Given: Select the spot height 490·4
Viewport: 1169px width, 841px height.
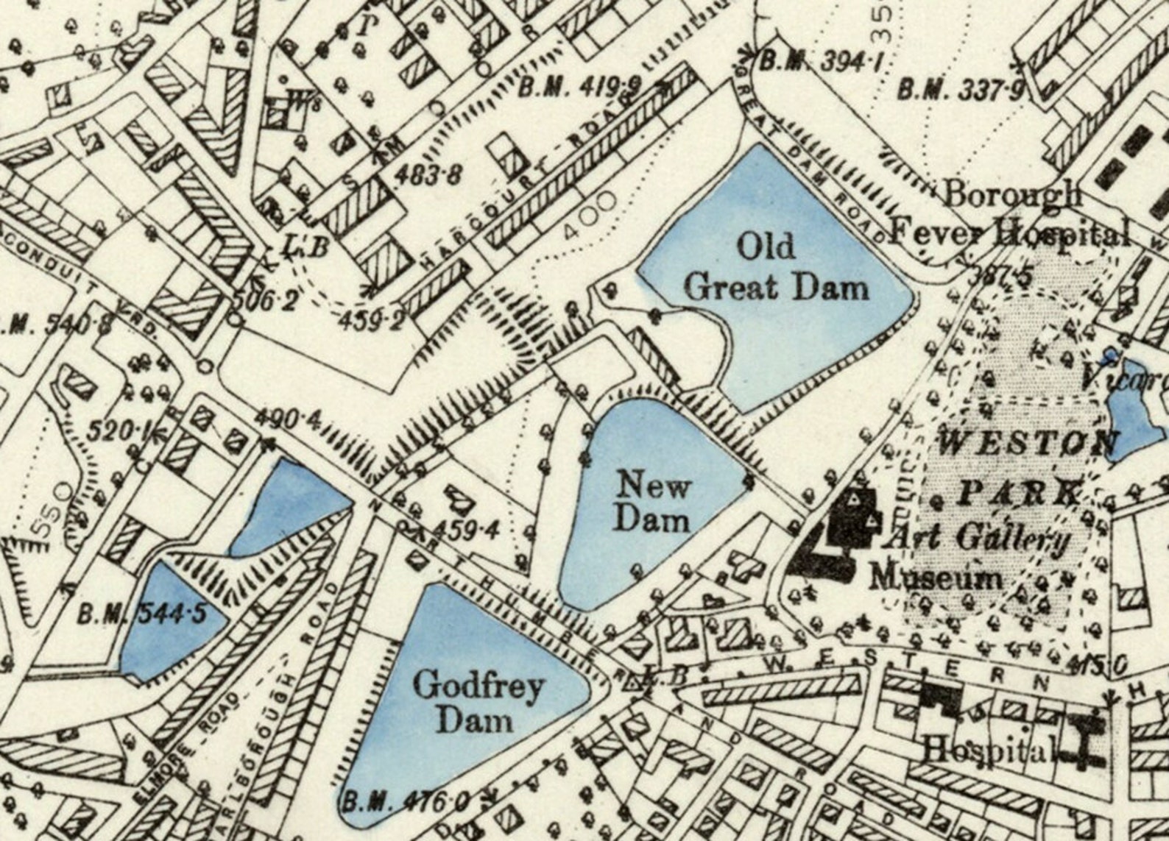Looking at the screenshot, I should [x=288, y=419].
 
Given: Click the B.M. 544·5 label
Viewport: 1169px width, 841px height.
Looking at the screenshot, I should [x=143, y=612].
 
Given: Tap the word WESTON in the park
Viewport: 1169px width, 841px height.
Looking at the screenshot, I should [x=1027, y=443].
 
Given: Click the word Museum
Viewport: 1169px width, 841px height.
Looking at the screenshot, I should [x=936, y=577].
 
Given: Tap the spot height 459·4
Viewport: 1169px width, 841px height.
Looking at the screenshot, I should [x=465, y=529].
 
